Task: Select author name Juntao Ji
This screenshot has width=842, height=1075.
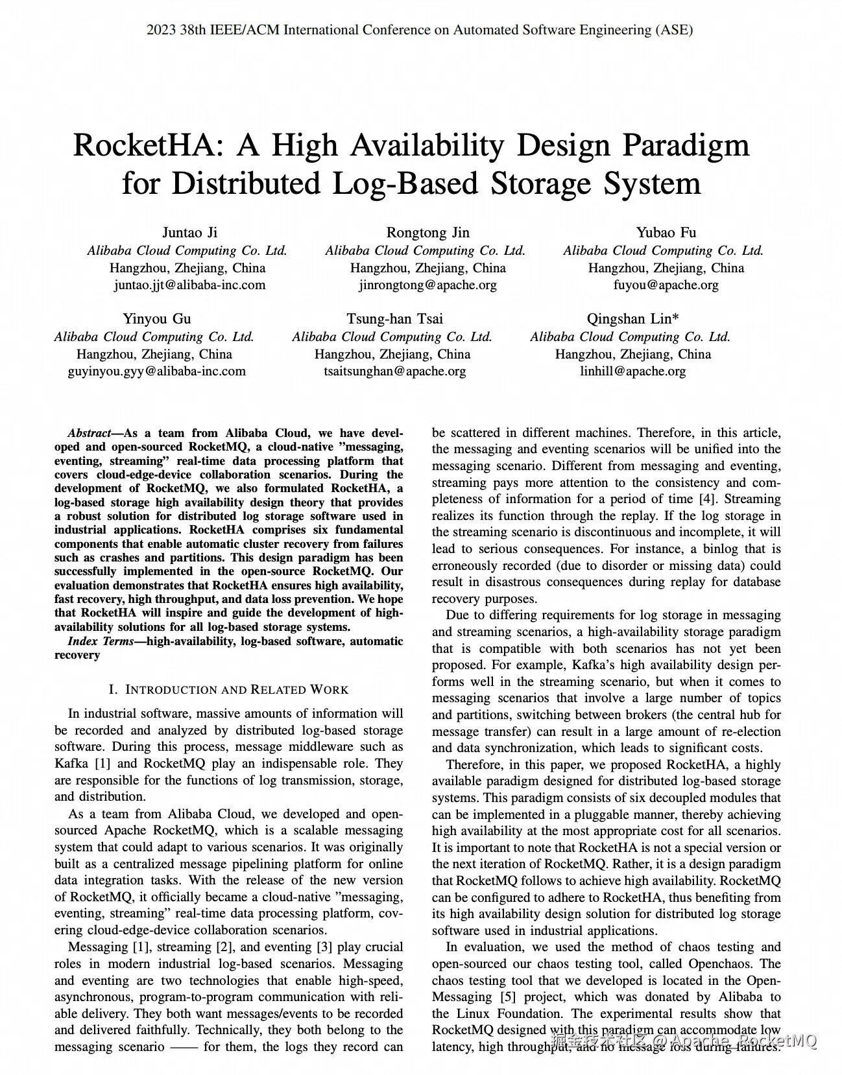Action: [x=189, y=233]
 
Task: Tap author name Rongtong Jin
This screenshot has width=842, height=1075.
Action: [x=427, y=233]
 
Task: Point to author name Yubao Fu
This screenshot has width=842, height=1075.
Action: [x=666, y=233]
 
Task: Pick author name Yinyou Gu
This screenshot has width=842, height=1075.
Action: [x=157, y=319]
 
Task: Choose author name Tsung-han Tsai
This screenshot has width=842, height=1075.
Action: [x=394, y=319]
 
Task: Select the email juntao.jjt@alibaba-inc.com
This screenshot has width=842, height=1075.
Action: [x=189, y=285]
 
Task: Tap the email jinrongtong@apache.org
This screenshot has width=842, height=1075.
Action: [x=427, y=285]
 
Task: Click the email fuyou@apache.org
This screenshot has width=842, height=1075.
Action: [x=666, y=285]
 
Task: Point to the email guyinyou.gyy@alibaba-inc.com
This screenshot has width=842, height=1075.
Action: [x=157, y=372]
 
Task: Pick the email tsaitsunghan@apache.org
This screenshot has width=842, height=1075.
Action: [x=394, y=372]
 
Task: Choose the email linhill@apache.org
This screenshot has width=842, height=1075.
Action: [x=632, y=372]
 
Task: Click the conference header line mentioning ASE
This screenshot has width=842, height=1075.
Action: [x=420, y=30]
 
